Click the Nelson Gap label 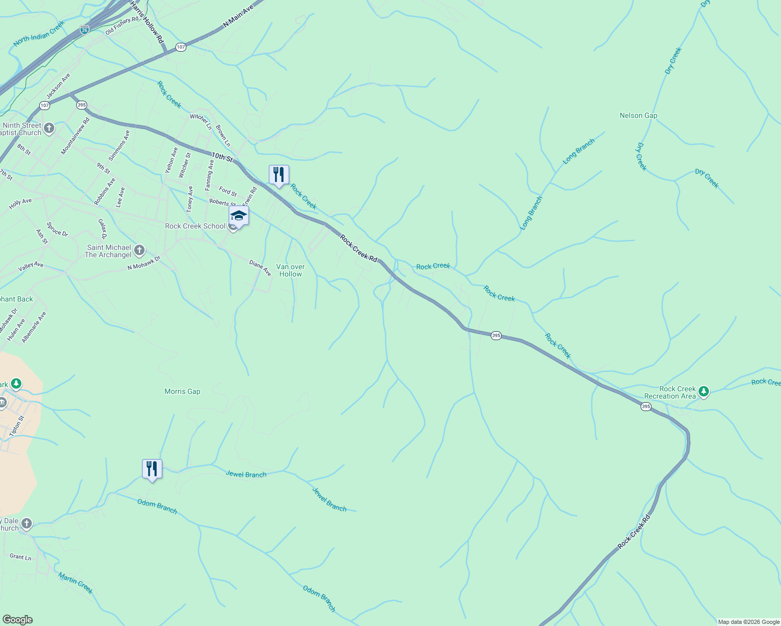click(x=638, y=115)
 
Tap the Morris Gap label click(x=182, y=391)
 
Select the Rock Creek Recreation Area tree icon click(x=704, y=391)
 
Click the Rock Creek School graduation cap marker click(x=239, y=215)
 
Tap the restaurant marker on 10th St click(x=279, y=175)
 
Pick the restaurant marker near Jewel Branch click(x=152, y=469)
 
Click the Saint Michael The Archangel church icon click(x=139, y=250)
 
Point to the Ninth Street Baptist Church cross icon click(x=49, y=128)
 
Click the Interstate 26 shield click(x=85, y=30)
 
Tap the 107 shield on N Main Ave click(x=181, y=47)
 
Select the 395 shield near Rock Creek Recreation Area click(x=646, y=406)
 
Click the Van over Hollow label click(x=290, y=270)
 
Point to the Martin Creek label click(x=76, y=583)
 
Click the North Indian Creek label click(x=39, y=34)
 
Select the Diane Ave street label click(x=260, y=268)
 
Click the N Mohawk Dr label click(x=144, y=263)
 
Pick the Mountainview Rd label click(x=75, y=136)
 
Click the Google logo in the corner click(x=17, y=619)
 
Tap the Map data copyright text click(x=748, y=622)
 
